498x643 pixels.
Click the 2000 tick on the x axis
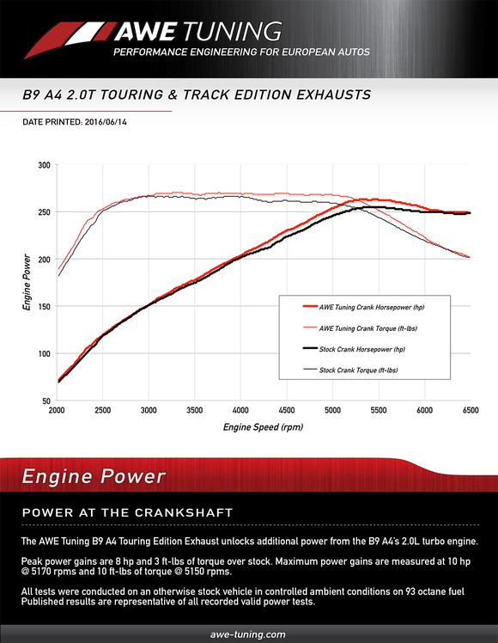[x=58, y=411]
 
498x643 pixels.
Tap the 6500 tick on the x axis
[x=469, y=411]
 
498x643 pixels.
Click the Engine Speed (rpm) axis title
[x=263, y=426]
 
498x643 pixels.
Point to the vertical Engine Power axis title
[x=27, y=284]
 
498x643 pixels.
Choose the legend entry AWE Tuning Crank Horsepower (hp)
[x=371, y=307]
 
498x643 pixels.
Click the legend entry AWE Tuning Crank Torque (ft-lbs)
[x=369, y=328]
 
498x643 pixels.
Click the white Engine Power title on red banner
[x=94, y=476]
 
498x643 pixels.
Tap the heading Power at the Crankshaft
[x=127, y=513]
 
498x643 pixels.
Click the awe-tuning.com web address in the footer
[x=248, y=634]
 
